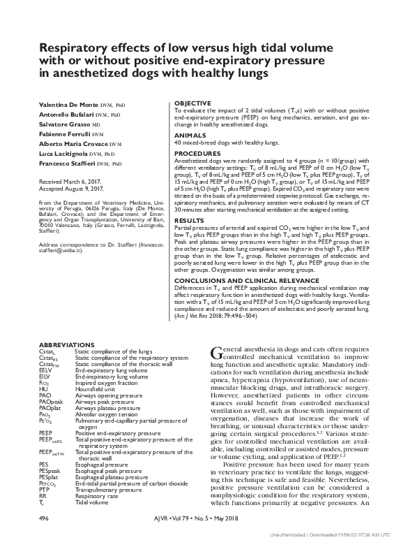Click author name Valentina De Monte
[x=68, y=103]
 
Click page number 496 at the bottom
[x=43, y=519]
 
